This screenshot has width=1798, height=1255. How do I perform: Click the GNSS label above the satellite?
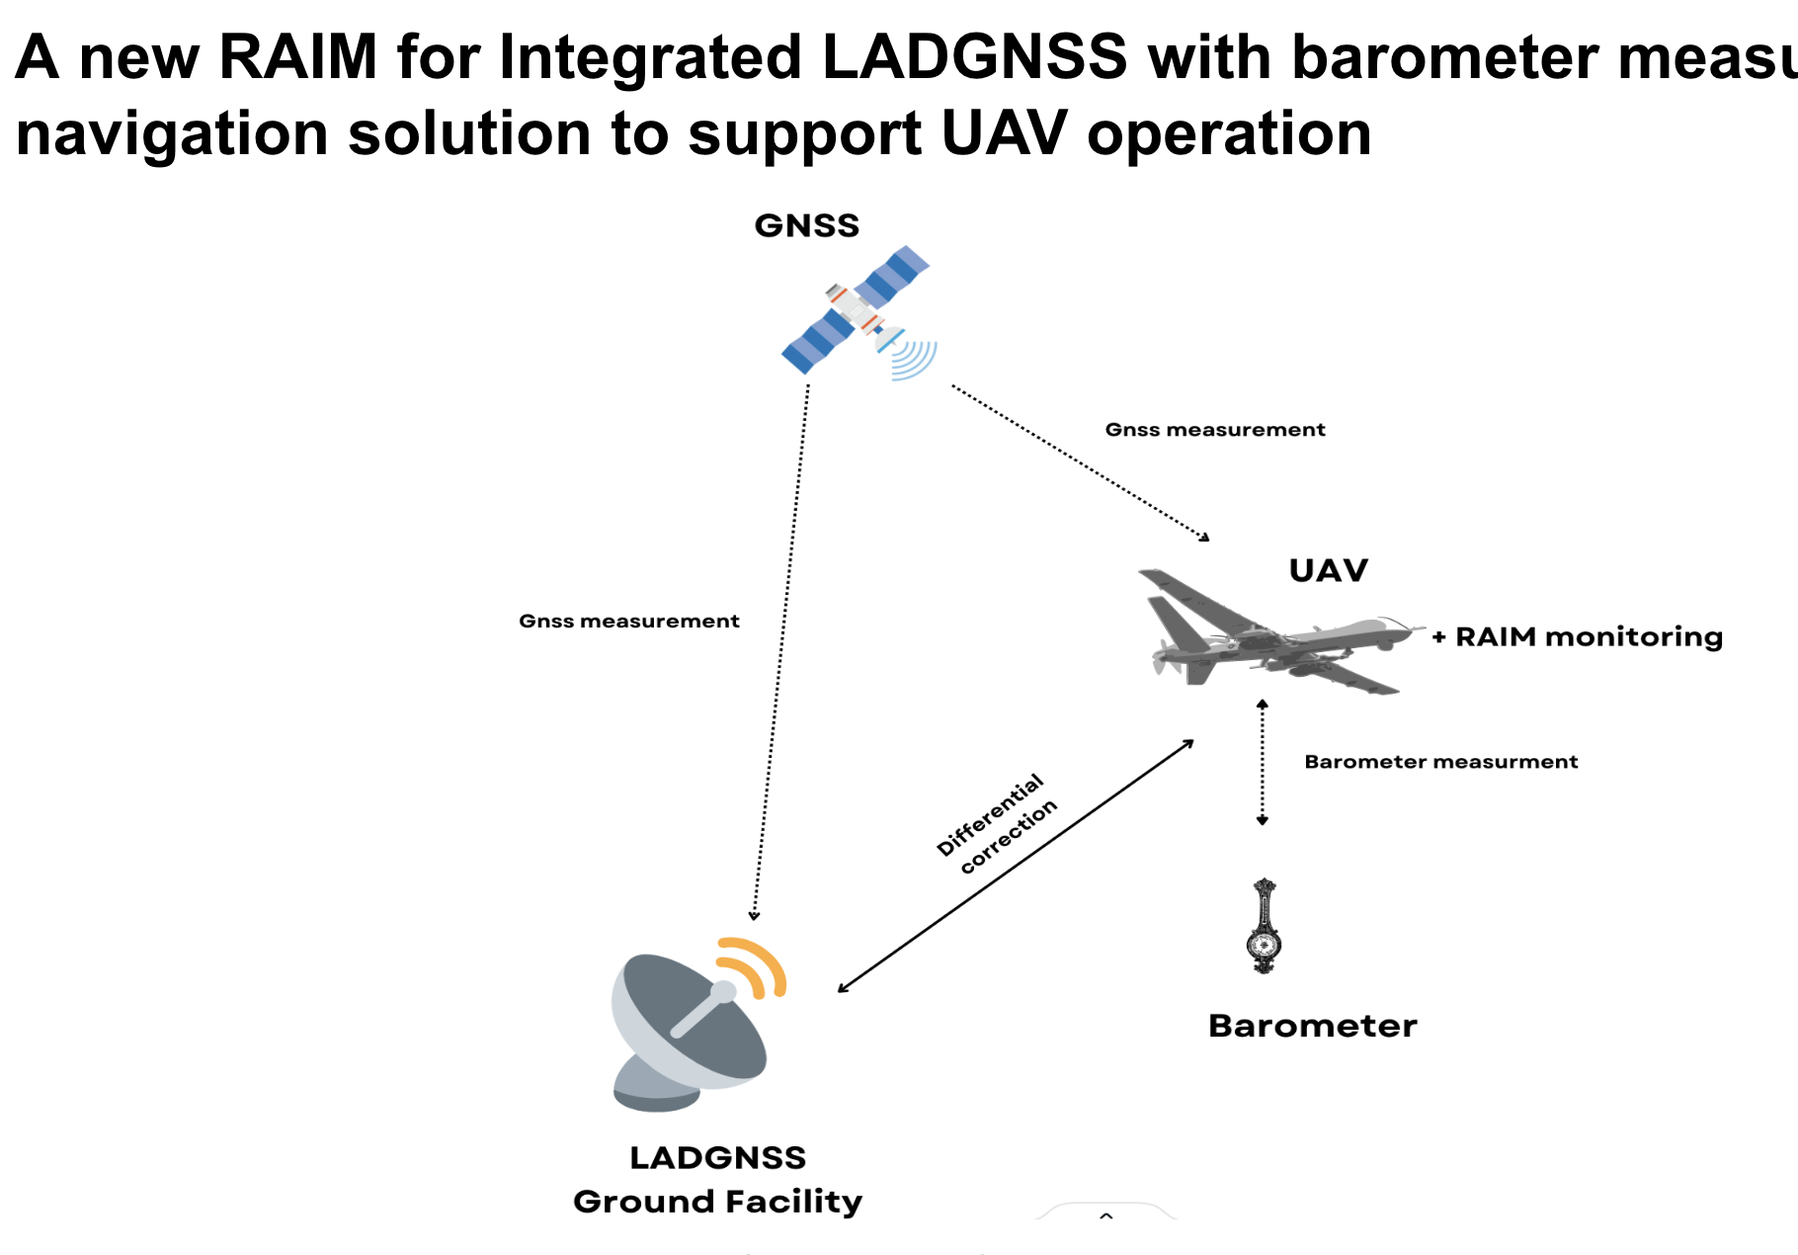(x=806, y=225)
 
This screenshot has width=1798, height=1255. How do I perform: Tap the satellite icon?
(x=856, y=310)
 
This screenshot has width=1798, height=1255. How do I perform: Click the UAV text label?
(x=1328, y=570)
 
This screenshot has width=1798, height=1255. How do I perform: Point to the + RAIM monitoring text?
(x=1578, y=636)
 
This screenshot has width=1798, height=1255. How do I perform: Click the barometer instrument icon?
(x=1264, y=926)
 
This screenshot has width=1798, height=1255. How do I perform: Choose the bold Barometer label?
(x=1312, y=1026)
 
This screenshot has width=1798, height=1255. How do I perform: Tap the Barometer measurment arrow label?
(x=1440, y=762)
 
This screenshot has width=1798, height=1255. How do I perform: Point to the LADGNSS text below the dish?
(x=717, y=1157)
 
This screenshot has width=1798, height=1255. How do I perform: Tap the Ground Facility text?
(x=717, y=1202)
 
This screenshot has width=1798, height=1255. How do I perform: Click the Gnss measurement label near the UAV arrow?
(x=1214, y=430)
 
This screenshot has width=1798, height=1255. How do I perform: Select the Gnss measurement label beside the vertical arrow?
(x=628, y=622)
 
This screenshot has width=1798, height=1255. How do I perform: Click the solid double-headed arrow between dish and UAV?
(x=1016, y=866)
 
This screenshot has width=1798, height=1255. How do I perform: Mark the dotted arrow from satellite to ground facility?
(x=780, y=652)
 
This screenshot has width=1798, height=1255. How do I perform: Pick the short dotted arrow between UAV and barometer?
(x=1262, y=762)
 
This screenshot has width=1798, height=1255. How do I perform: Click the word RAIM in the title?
(x=297, y=56)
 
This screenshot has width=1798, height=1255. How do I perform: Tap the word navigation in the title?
(x=171, y=133)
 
